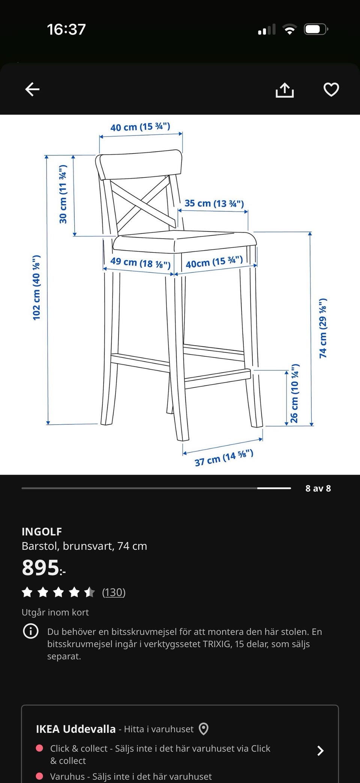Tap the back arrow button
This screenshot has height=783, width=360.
tap(32, 89)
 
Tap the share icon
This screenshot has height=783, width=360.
tap(285, 90)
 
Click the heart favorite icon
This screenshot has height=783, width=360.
tap(331, 90)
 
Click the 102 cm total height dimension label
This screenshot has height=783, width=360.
tap(36, 288)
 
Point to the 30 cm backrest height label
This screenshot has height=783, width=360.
tap(63, 194)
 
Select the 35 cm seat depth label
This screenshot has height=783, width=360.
tap(214, 203)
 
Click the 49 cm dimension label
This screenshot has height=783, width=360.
tap(140, 263)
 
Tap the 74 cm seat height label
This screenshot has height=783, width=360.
tap(323, 328)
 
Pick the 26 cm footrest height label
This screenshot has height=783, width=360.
tap(294, 393)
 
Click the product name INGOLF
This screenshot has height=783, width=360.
tap(42, 531)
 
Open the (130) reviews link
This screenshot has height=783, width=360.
tap(114, 592)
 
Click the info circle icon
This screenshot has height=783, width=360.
tap(31, 631)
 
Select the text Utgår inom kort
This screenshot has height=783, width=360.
tap(55, 612)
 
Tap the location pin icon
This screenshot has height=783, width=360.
tap(203, 729)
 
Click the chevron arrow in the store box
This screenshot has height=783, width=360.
tap(321, 751)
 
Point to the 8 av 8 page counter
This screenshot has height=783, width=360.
tap(318, 488)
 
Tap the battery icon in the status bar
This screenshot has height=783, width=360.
tap(316, 29)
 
